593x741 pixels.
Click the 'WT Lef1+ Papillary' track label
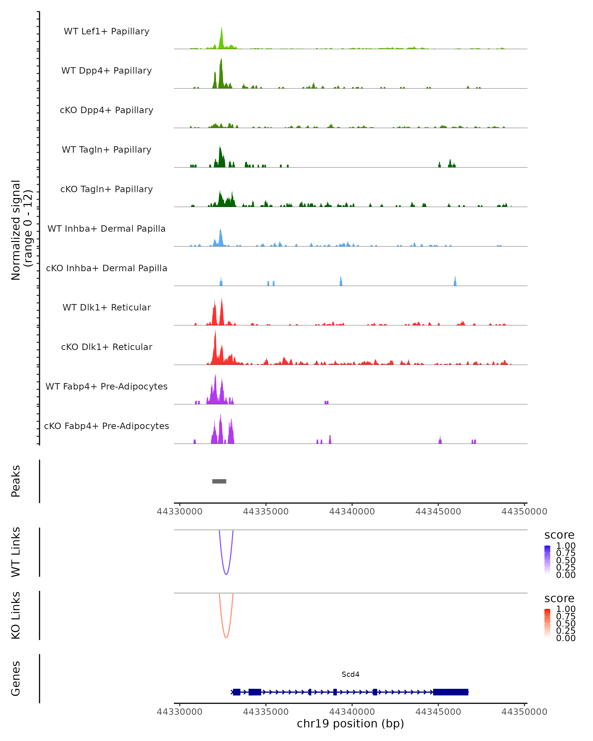click(106, 31)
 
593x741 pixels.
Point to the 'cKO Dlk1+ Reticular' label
click(106, 347)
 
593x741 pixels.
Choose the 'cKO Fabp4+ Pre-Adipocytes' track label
click(106, 426)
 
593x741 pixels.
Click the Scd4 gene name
click(350, 674)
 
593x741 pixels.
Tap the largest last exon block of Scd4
click(450, 692)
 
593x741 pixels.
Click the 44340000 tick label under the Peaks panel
click(352, 512)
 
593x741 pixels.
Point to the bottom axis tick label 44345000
click(438, 712)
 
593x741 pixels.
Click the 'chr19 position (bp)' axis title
click(350, 724)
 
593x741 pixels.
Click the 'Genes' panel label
click(16, 679)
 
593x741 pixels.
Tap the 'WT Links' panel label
click(16, 552)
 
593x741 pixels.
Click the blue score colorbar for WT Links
click(547, 560)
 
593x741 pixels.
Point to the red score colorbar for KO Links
click(547, 623)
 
